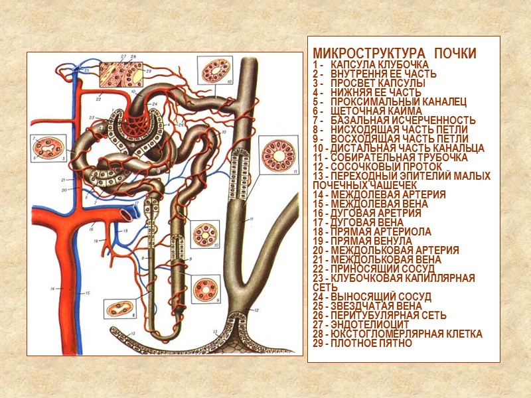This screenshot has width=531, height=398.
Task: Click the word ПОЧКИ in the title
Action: pyautogui.click(x=455, y=53)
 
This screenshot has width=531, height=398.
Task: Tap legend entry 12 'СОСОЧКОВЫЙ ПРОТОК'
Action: pyautogui.click(x=388, y=166)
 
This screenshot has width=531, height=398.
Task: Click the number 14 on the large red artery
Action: pyautogui.click(x=51, y=289)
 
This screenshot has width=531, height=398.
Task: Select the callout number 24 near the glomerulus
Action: pyautogui.click(x=154, y=104)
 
